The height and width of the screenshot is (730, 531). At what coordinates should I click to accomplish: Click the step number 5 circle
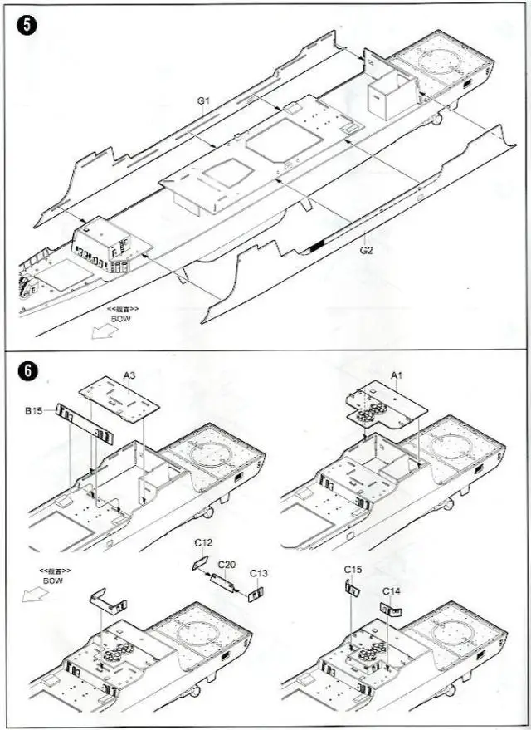[27, 25]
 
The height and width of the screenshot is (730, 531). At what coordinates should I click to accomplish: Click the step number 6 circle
[27, 371]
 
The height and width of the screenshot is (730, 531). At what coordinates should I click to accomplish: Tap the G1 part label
[205, 101]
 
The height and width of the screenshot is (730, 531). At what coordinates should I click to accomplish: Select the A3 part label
[129, 375]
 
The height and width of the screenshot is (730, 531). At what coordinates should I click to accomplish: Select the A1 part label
[397, 375]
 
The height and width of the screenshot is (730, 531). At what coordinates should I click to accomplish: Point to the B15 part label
[34, 410]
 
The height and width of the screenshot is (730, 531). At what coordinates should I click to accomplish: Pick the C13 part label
[259, 573]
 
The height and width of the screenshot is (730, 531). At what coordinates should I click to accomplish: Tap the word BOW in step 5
[121, 318]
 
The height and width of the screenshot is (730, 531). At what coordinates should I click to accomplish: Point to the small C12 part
[199, 561]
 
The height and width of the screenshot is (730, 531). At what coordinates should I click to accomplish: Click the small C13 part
[255, 592]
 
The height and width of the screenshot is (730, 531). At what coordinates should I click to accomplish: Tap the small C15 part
[350, 588]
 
